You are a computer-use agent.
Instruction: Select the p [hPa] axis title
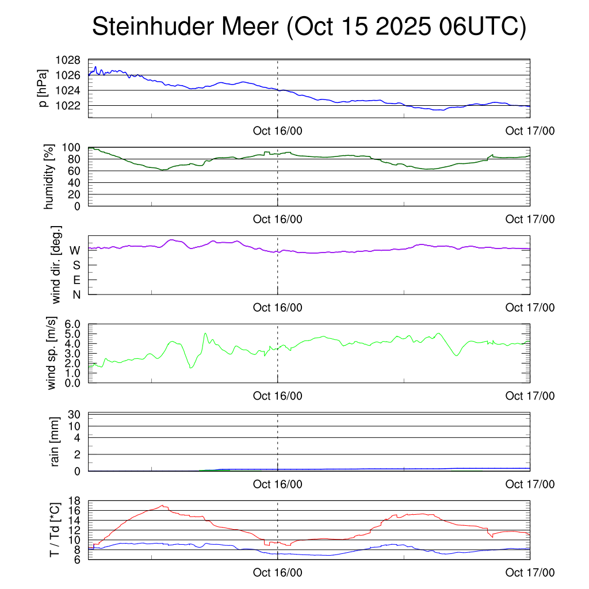click(x=43, y=88)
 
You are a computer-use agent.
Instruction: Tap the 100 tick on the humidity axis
click(x=72, y=147)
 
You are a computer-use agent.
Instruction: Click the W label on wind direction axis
click(x=75, y=250)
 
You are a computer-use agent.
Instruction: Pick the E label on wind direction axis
click(x=76, y=280)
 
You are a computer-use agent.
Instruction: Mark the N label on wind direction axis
click(x=75, y=294)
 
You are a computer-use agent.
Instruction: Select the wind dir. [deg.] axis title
click(x=56, y=265)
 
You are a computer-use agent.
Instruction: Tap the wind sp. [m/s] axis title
click(x=52, y=353)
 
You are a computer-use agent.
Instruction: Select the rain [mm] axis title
click(x=56, y=442)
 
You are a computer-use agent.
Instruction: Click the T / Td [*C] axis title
click(x=55, y=530)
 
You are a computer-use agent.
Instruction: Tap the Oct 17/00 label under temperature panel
click(x=530, y=573)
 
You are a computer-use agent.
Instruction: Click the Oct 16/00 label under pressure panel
click(x=277, y=131)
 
